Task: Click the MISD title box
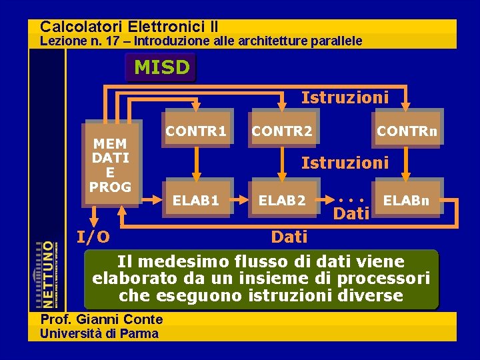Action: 161,67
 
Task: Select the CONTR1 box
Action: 196,131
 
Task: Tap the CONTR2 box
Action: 282,131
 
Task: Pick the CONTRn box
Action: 407,131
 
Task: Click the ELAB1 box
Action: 196,199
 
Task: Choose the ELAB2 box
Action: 282,199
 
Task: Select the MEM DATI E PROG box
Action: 111,165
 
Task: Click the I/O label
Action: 93,236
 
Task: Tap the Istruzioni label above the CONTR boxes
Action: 345,98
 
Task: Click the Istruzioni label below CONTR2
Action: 345,162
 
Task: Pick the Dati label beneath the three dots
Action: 351,213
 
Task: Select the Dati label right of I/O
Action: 289,237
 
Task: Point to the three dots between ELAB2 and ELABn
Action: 351,199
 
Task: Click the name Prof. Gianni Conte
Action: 101,319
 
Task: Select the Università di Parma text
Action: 99,333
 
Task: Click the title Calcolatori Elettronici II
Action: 129,27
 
